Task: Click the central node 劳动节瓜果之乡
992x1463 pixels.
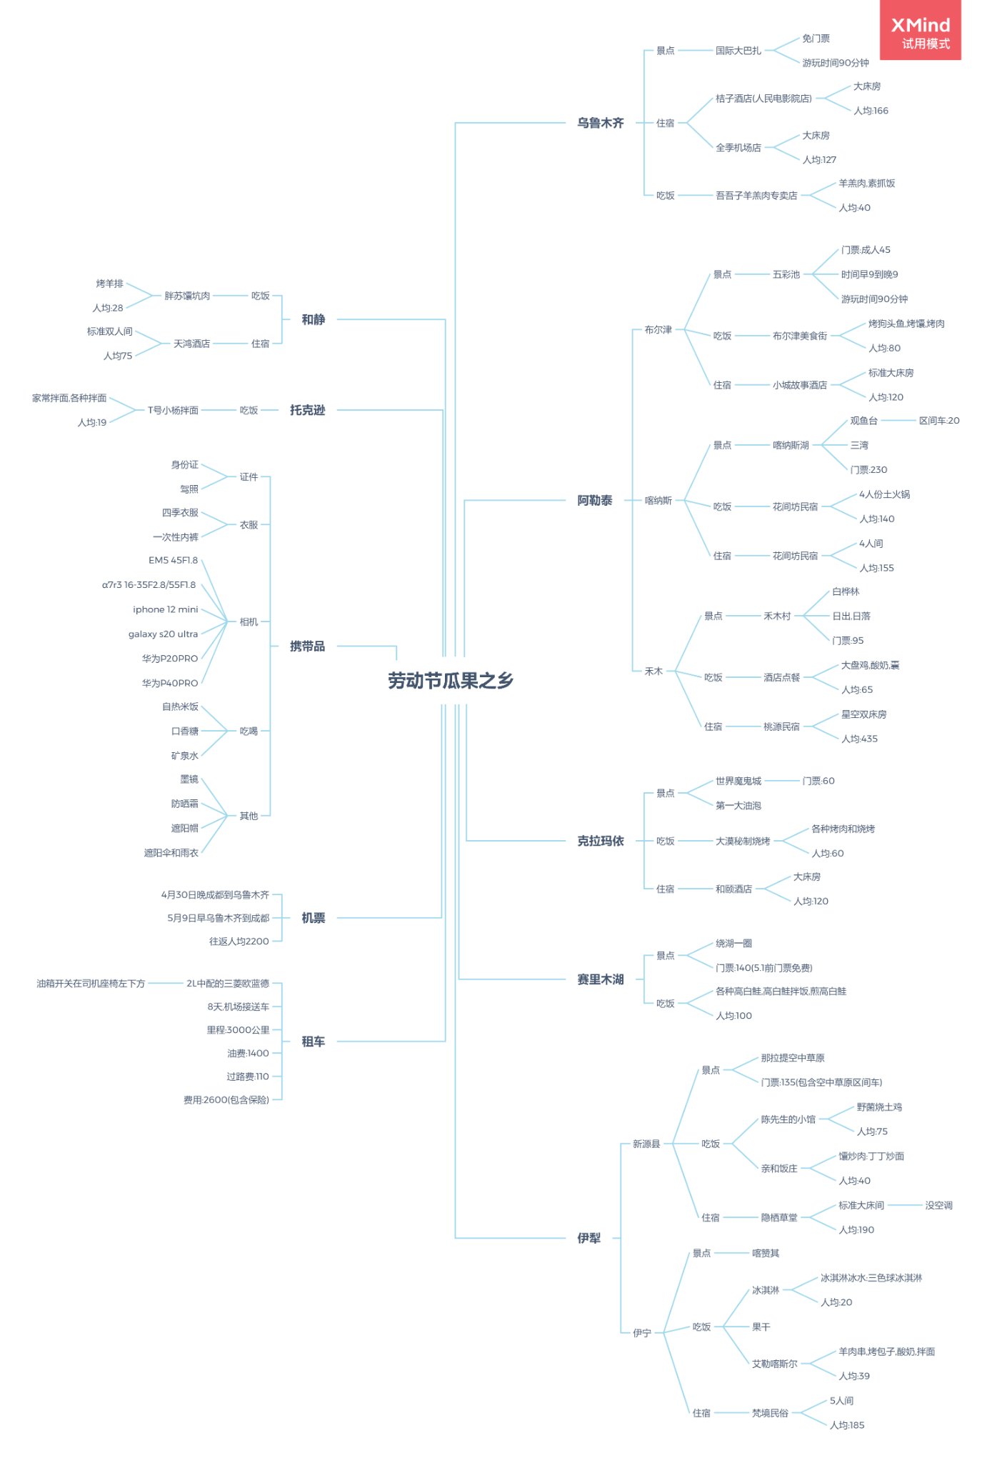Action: [451, 681]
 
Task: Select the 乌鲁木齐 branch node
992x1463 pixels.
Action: [600, 123]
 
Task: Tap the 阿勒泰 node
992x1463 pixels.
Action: [594, 500]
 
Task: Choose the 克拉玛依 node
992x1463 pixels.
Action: [600, 841]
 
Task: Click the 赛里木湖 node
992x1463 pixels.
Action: [600, 979]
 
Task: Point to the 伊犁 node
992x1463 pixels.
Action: [588, 1238]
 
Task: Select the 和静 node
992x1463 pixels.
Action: [313, 319]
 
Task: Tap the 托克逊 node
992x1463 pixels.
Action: [307, 410]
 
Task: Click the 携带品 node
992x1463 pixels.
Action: [307, 646]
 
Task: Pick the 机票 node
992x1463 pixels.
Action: [313, 918]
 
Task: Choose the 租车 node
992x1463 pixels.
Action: [313, 1042]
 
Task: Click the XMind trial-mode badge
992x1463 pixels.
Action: [920, 32]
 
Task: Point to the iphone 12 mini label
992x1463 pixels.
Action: [165, 609]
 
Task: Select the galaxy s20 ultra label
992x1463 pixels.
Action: [163, 634]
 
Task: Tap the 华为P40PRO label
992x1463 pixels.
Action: [169, 683]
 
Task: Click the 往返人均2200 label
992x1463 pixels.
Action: [239, 942]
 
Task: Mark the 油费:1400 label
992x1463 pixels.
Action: [247, 1053]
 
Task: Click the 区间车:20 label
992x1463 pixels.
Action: [938, 421]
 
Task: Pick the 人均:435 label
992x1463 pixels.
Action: [859, 739]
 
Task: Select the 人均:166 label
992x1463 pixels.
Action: [871, 111]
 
